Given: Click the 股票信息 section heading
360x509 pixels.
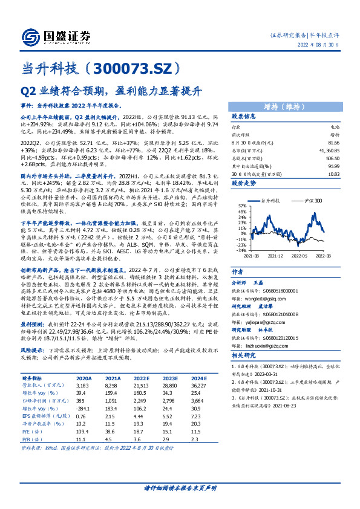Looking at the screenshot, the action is tap(245, 116).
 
